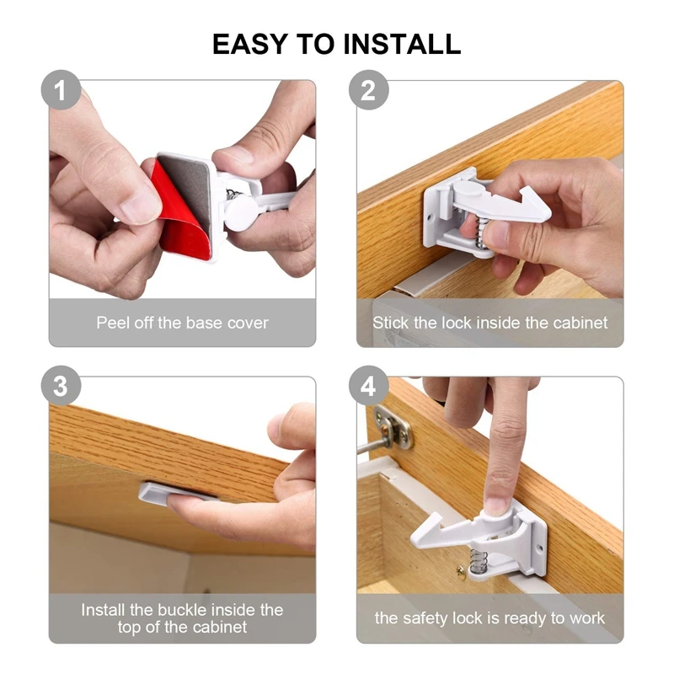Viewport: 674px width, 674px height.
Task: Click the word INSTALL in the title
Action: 403,44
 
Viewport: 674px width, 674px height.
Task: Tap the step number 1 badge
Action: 61,90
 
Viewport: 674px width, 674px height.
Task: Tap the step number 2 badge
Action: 368,90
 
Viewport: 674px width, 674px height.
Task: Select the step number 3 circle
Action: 61,386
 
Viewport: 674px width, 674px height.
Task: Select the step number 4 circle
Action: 368,386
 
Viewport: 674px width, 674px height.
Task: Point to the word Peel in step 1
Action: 113,323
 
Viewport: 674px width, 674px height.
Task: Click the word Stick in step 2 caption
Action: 390,323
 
